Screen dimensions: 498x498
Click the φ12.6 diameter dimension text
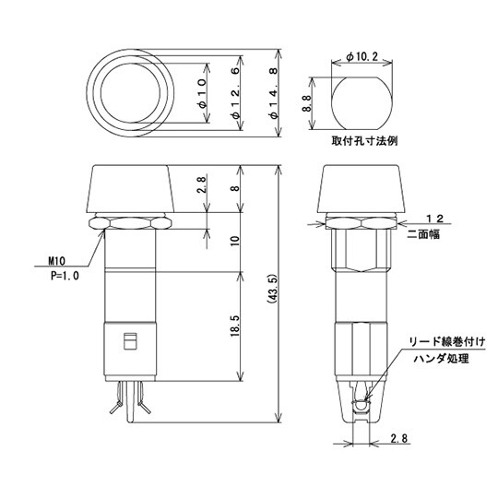coord(238,96)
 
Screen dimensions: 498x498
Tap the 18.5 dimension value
coord(235,327)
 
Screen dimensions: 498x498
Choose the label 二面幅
coord(422,234)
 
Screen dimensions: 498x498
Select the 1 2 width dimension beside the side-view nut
coord(439,218)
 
